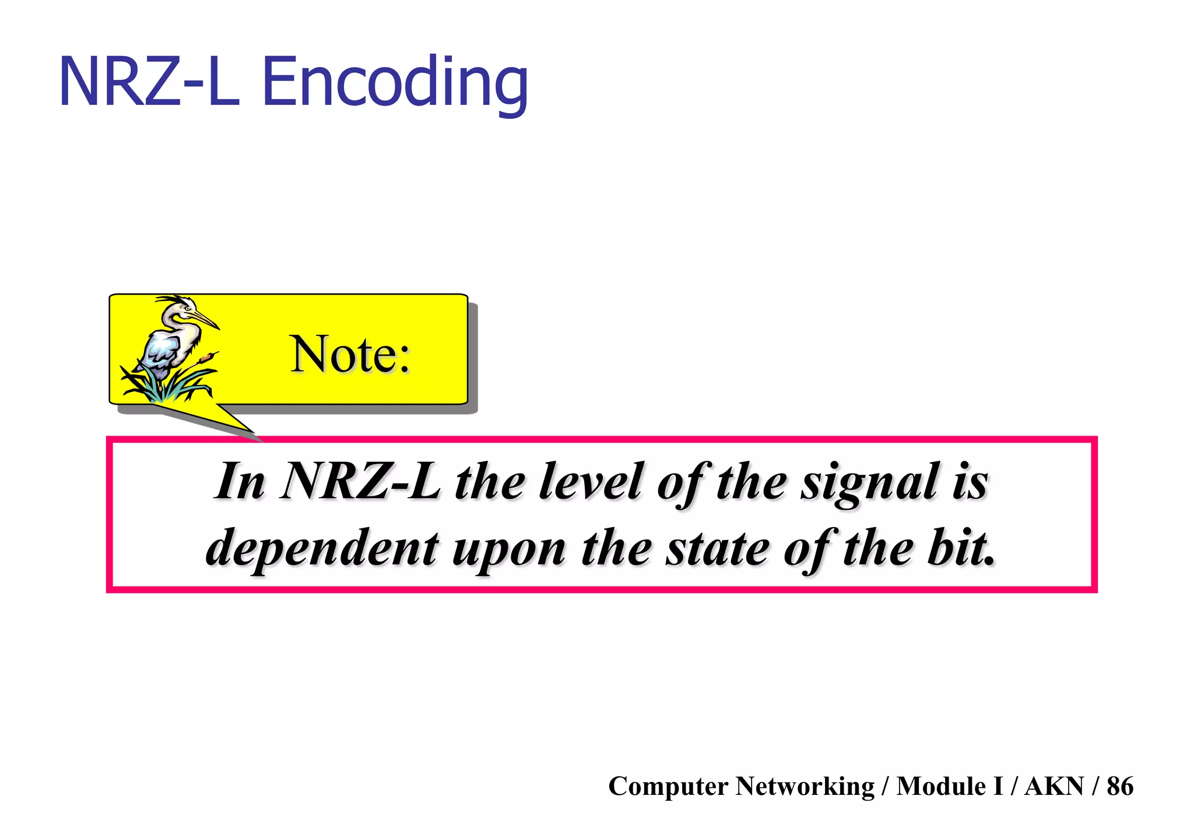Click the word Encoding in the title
pos(395,83)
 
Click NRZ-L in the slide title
pos(149,83)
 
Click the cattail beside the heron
pos(205,356)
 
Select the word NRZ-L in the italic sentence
pos(360,482)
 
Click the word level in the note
pos(590,482)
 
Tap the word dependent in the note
pos(322,548)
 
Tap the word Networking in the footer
pos(805,786)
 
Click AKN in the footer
pos(1053,786)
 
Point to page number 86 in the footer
pos(1119,786)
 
